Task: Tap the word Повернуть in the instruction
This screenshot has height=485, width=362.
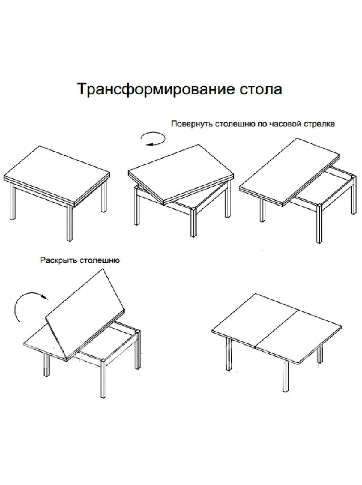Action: click(192, 124)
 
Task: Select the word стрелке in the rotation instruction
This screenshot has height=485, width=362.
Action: click(319, 124)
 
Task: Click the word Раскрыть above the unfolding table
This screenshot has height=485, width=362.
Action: click(58, 260)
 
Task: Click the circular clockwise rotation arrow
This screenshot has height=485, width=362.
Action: click(153, 139)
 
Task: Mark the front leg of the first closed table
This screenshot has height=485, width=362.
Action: click(70, 223)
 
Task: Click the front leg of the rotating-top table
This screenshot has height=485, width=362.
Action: click(193, 222)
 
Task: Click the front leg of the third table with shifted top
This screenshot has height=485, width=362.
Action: click(319, 224)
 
